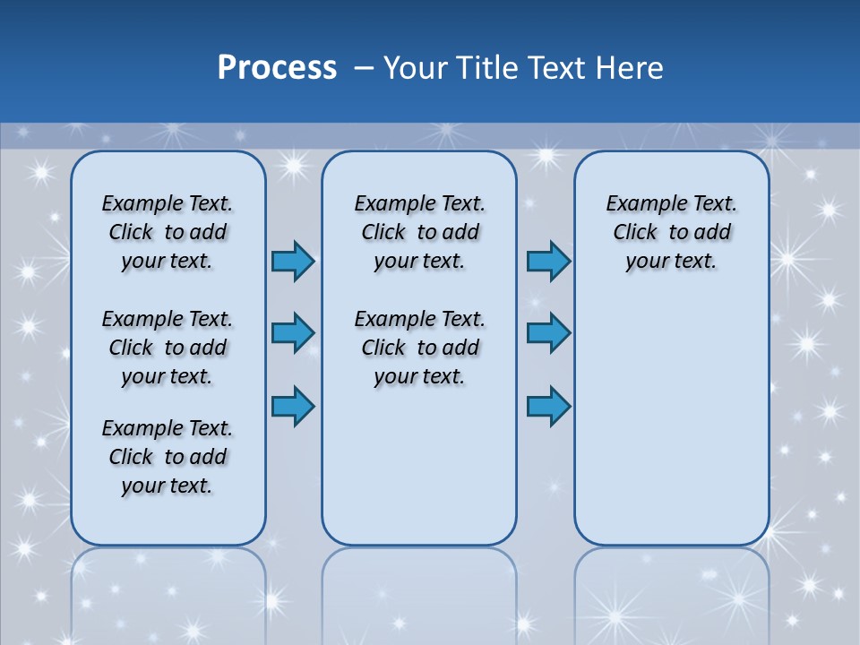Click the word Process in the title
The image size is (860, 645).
[277, 68]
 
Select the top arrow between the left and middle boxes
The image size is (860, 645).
[293, 261]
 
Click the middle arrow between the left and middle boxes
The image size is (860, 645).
[293, 333]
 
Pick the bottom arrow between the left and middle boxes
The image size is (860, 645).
[293, 406]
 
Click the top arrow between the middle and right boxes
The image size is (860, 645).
[548, 261]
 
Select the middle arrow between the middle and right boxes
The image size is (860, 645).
[548, 333]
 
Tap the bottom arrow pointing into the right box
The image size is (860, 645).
[548, 406]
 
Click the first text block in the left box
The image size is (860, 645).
[168, 232]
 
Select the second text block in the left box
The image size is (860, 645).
[168, 348]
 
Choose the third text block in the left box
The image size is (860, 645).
[168, 457]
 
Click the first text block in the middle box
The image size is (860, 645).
[419, 232]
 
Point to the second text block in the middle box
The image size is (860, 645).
[419, 348]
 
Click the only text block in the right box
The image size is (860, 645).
[671, 232]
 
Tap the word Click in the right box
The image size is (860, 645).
[635, 233]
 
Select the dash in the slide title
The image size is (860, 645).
[364, 68]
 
